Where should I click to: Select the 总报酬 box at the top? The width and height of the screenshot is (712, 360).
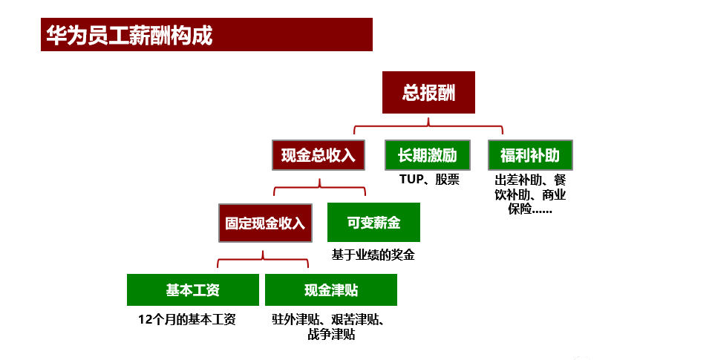[x=428, y=93]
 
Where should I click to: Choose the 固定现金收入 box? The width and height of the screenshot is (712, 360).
[x=266, y=223]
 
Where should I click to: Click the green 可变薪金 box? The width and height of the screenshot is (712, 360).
[x=373, y=223]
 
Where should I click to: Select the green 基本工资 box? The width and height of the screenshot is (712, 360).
[x=192, y=289]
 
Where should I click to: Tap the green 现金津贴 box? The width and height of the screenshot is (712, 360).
[x=330, y=289]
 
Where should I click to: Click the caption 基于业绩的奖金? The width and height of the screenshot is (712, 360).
[x=373, y=255]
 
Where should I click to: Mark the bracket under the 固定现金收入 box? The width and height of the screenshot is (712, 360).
[x=263, y=259]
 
